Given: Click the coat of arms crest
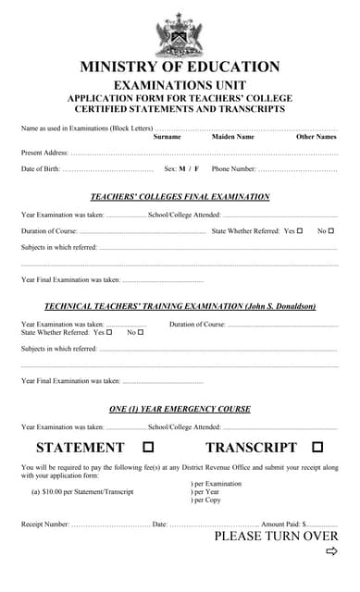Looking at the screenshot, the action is [180, 34].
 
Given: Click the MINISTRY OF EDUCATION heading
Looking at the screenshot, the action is [180, 67].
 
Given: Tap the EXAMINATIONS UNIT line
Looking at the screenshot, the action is [180, 84].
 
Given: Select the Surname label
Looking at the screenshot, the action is [167, 137].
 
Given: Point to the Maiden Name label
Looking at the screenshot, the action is [232, 137].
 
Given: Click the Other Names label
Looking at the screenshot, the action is [316, 137].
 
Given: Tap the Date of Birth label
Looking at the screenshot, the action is [41, 169].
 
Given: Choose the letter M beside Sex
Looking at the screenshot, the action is [182, 169].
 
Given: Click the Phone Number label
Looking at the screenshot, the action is [234, 169].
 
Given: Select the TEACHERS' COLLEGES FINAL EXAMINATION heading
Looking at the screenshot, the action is [180, 197].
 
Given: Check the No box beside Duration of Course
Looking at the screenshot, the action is [331, 230].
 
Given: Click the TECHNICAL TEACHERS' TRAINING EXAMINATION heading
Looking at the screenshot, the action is [180, 306].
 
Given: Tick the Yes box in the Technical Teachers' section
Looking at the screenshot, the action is [108, 332].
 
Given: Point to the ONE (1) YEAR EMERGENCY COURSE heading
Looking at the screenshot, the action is [180, 409].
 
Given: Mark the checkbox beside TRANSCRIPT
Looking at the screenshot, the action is [317, 448].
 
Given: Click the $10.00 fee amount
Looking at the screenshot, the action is [52, 492].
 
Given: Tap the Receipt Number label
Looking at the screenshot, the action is [44, 524].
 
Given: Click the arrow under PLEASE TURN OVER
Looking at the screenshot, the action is [331, 552].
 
